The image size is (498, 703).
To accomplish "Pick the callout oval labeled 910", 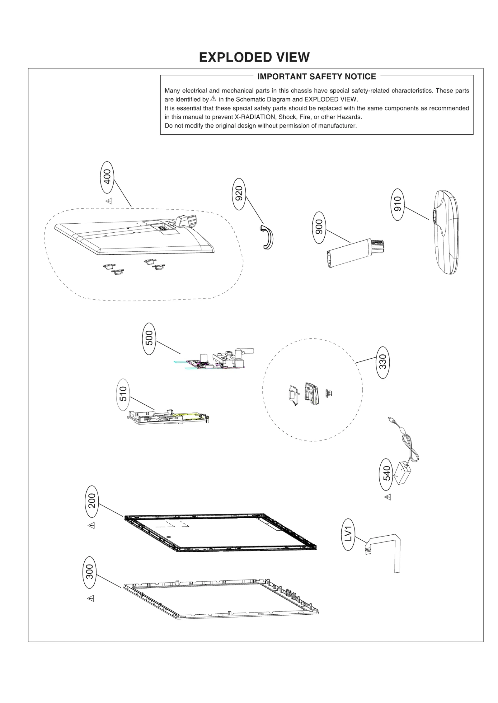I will coord(398,204).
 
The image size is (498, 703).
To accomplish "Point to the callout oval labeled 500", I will coord(149,339).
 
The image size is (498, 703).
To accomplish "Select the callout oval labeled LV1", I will coord(348,534).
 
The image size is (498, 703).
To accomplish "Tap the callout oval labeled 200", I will coord(92,500).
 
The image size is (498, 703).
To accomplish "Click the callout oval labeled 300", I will coord(90,572).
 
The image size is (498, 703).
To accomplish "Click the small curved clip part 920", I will coord(267,238).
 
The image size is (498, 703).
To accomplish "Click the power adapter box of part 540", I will coord(402,473).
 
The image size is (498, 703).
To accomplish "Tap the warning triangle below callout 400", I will coord(109,201).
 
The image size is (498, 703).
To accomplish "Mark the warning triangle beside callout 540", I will coord(388,497).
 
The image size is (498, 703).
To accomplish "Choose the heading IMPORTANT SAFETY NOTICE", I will coord(317,77).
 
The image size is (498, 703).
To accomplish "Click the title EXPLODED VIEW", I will coord(254,57).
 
